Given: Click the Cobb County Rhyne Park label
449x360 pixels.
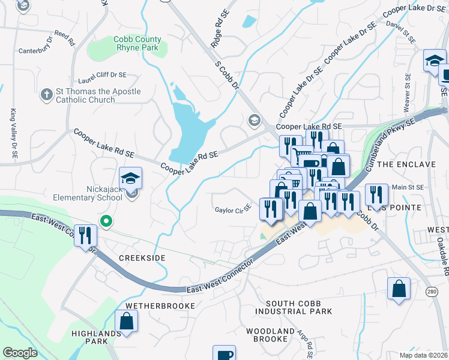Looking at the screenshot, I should (137, 44).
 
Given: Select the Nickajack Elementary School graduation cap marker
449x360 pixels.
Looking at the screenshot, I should (130, 179).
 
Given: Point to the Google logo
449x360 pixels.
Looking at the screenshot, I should (20, 353).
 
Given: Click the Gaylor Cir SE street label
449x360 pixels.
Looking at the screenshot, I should (232, 210).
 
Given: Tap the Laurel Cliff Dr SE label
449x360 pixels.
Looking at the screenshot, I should (102, 76).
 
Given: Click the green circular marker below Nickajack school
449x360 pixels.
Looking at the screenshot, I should (106, 222).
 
